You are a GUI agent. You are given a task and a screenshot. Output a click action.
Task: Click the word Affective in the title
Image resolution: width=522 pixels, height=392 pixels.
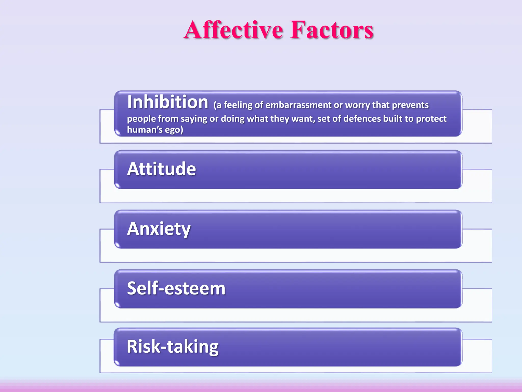coord(233,30)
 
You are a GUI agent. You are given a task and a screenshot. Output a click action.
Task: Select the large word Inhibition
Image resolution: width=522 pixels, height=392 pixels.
coord(168,102)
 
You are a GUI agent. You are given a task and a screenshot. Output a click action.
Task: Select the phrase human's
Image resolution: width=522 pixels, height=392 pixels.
coord(145,130)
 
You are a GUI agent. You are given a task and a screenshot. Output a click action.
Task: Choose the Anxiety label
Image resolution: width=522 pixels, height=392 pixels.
coord(159,229)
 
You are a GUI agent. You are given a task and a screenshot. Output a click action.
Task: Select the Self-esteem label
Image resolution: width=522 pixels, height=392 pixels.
coord(176,288)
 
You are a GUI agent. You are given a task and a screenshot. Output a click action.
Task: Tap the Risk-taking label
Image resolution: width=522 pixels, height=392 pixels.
coord(173,347)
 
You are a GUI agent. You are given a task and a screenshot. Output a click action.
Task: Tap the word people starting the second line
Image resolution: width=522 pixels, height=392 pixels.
coord(141,119)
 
